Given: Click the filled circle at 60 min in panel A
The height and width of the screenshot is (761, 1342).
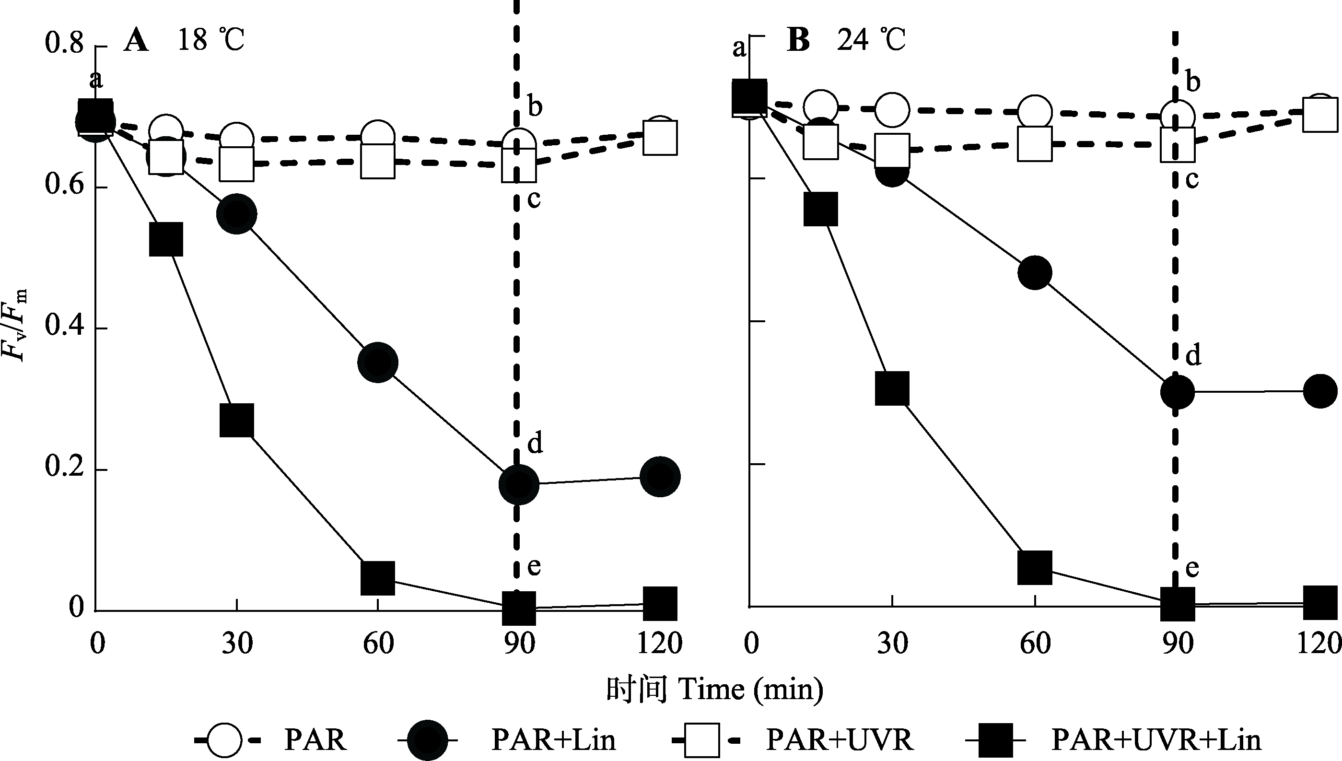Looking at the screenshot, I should [378, 363].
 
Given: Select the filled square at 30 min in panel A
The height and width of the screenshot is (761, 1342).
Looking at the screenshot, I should [237, 420].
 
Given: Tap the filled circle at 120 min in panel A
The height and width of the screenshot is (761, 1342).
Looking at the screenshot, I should [660, 476].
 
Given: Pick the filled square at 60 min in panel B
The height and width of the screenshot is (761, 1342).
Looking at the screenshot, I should [1035, 567].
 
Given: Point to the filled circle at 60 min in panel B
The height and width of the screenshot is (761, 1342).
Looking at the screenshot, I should [1035, 272].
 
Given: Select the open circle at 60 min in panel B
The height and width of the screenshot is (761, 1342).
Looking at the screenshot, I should [1035, 111].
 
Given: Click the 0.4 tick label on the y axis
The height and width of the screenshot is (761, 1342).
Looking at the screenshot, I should [64, 327].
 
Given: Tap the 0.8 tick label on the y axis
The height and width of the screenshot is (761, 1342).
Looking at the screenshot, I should [64, 43].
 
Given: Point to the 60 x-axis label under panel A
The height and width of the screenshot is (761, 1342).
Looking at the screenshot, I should [378, 644].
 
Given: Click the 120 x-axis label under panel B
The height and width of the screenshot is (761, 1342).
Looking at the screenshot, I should [1319, 644].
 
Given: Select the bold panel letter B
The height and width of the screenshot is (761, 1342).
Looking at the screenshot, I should [798, 40].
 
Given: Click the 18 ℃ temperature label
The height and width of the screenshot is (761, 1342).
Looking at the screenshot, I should [211, 40].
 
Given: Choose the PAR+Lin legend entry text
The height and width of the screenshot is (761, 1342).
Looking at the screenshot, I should [553, 740].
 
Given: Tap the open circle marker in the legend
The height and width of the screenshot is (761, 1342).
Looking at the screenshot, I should [225, 740].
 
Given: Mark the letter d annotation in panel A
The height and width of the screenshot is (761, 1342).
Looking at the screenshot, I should [535, 443].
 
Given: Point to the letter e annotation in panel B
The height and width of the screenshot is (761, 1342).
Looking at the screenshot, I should [1192, 568].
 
